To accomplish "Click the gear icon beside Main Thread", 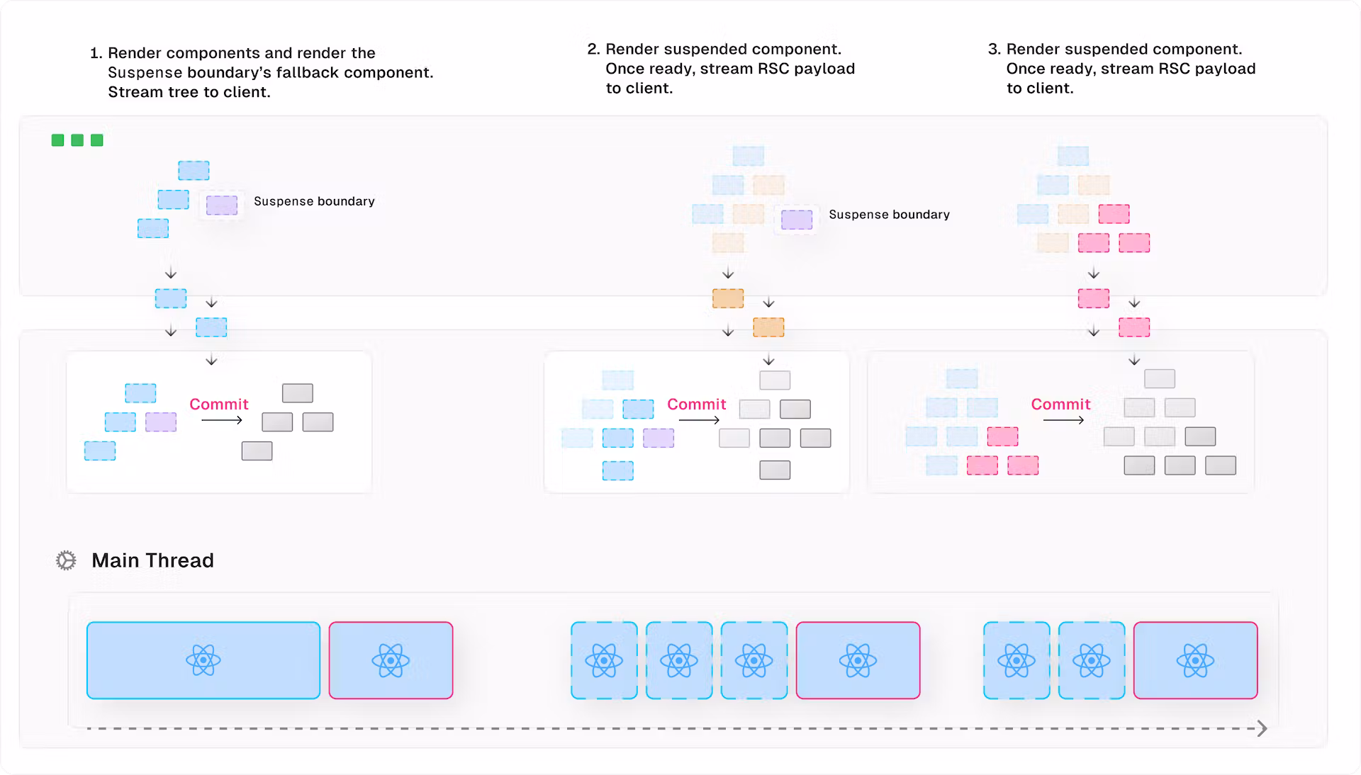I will (x=66, y=560).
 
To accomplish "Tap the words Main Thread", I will (x=152, y=560).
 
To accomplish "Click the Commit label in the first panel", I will (x=218, y=404).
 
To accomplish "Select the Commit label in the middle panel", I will (x=696, y=404).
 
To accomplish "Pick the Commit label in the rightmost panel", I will (x=1060, y=404).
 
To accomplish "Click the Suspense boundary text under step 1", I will (x=314, y=201).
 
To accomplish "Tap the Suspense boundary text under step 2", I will (x=889, y=215).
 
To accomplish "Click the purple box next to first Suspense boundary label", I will (x=222, y=205).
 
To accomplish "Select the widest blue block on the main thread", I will (x=203, y=660).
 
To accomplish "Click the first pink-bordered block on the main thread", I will (x=391, y=660).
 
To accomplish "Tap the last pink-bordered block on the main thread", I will (x=1195, y=660).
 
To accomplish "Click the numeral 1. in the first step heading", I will (x=96, y=53).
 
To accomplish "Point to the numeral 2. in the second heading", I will (x=593, y=50).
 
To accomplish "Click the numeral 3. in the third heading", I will (x=994, y=50).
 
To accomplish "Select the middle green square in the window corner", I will (x=77, y=140).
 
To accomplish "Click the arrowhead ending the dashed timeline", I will (x=1262, y=728).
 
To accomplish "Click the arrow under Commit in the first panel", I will (x=222, y=420).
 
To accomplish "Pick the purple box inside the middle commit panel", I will (x=658, y=438).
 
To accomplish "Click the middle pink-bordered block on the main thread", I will (x=858, y=660).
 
